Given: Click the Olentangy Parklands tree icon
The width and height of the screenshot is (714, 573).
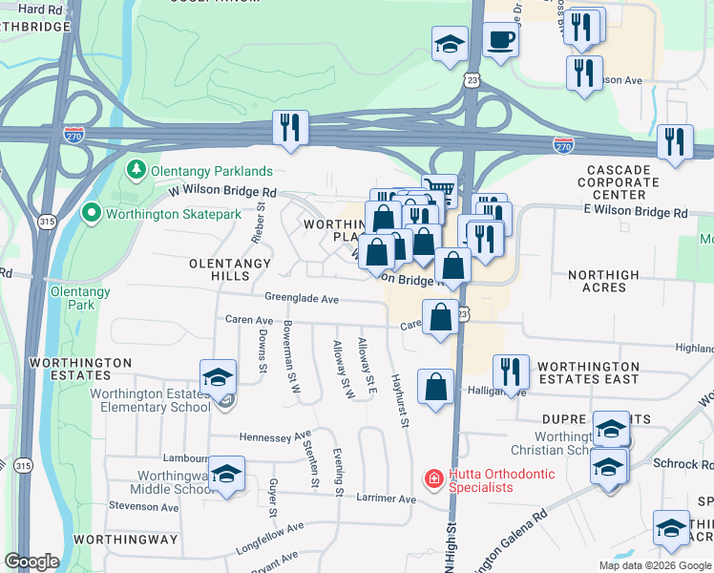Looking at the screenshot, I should (136, 171).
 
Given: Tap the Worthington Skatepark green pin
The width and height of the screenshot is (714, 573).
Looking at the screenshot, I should (92, 213).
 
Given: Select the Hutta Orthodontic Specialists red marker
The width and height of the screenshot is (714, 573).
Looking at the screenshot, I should (433, 477).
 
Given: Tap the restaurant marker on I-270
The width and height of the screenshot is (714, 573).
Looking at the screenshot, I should (290, 127).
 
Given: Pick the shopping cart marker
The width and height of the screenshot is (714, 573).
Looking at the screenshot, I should (438, 188).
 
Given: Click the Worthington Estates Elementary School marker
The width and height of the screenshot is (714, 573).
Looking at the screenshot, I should (218, 376).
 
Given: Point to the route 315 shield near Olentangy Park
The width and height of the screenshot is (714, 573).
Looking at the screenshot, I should (46, 222).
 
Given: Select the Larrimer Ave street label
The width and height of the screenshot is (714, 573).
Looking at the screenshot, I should (387, 499).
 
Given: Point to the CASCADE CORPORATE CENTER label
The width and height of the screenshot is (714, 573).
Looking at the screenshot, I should (619, 180).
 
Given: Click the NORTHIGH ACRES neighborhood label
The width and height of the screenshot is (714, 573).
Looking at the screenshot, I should (603, 281).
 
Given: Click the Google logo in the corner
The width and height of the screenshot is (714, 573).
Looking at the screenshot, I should (31, 562).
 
